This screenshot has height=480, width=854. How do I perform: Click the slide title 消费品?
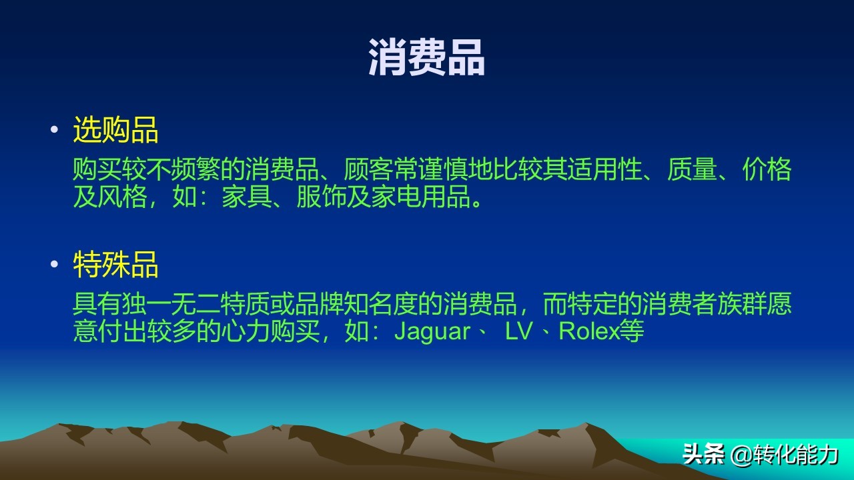426,58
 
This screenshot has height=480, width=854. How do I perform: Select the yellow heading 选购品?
115,130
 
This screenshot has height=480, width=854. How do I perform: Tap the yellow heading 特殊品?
115,265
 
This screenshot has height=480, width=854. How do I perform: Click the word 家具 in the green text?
246,198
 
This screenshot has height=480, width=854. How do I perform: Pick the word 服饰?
321,198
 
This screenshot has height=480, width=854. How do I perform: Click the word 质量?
692,171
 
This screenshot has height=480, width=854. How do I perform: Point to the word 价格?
767,171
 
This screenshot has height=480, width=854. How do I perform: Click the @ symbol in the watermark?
742,455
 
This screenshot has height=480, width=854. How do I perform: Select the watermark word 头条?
704,455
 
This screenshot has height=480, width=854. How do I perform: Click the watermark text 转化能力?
796,455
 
